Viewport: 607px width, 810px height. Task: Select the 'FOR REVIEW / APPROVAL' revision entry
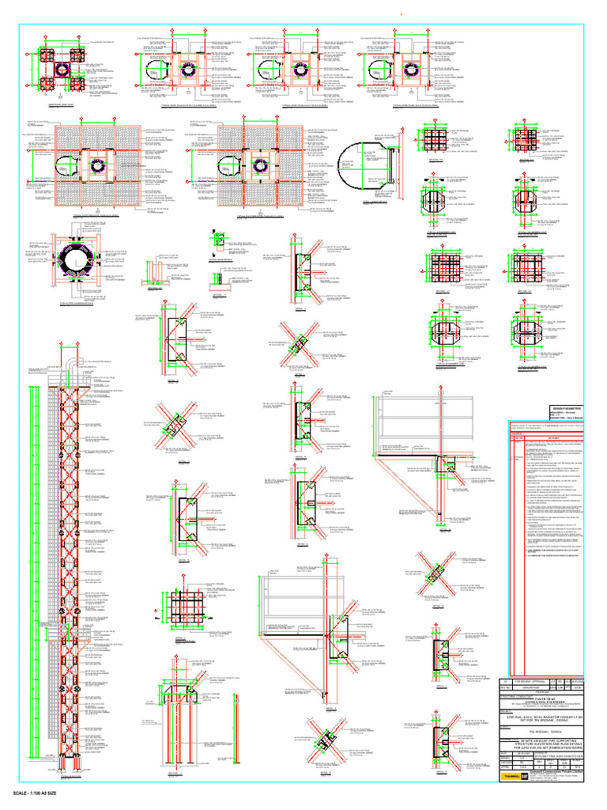[527, 679]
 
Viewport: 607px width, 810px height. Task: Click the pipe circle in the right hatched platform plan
[258, 168]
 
